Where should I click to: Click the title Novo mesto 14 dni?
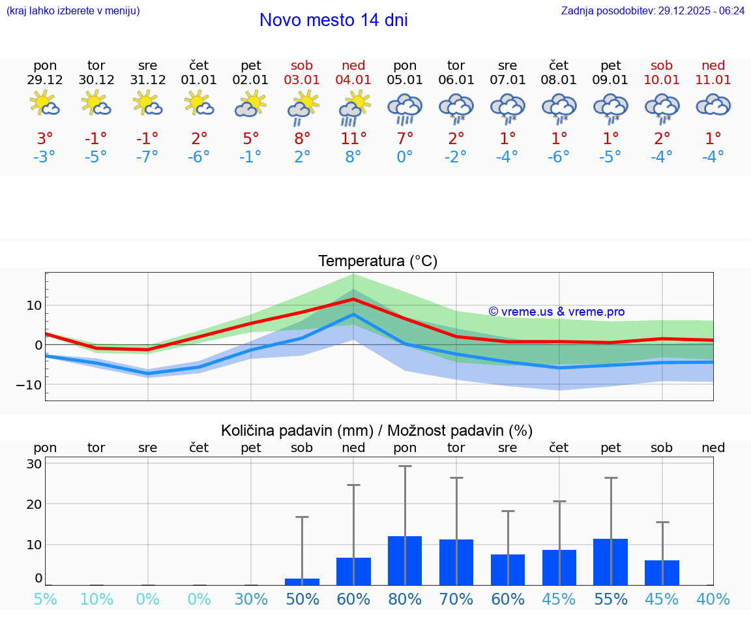333,20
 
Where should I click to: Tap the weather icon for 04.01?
353,108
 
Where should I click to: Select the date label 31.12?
147,80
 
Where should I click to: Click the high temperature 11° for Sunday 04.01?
353,139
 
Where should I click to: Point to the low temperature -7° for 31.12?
147,157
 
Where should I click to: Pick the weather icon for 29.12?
45,104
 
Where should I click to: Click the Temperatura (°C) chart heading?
377,262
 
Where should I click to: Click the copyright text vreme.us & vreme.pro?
556,312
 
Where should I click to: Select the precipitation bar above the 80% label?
405,560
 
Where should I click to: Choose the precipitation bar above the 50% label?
302,581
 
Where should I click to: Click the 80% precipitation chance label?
405,599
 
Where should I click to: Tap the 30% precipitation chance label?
251,599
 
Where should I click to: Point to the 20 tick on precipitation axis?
34,504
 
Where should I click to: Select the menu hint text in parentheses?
73,11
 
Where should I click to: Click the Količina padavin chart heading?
377,431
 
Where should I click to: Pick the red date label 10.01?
662,80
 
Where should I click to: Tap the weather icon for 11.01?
713,105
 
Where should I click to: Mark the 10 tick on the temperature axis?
34,305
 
